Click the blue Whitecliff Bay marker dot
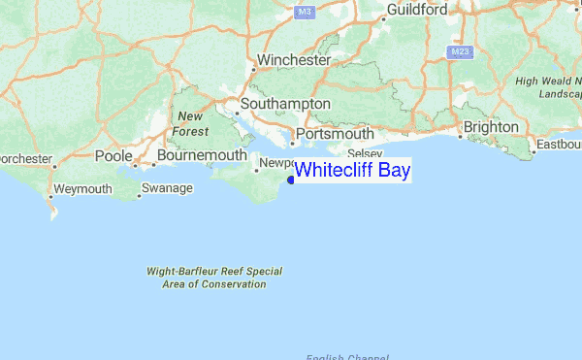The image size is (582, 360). tap(292, 179)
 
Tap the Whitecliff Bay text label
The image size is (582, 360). tap(352, 171)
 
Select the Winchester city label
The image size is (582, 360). tap(295, 60)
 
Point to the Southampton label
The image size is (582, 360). tap(288, 104)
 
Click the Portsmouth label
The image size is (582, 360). tap(335, 134)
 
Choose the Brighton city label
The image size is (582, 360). tap(491, 127)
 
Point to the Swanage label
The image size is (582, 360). tap(168, 188)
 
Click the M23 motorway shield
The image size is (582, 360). tap(461, 49)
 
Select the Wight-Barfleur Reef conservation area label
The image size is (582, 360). tap(214, 278)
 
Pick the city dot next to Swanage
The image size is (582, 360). tap(140, 195)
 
